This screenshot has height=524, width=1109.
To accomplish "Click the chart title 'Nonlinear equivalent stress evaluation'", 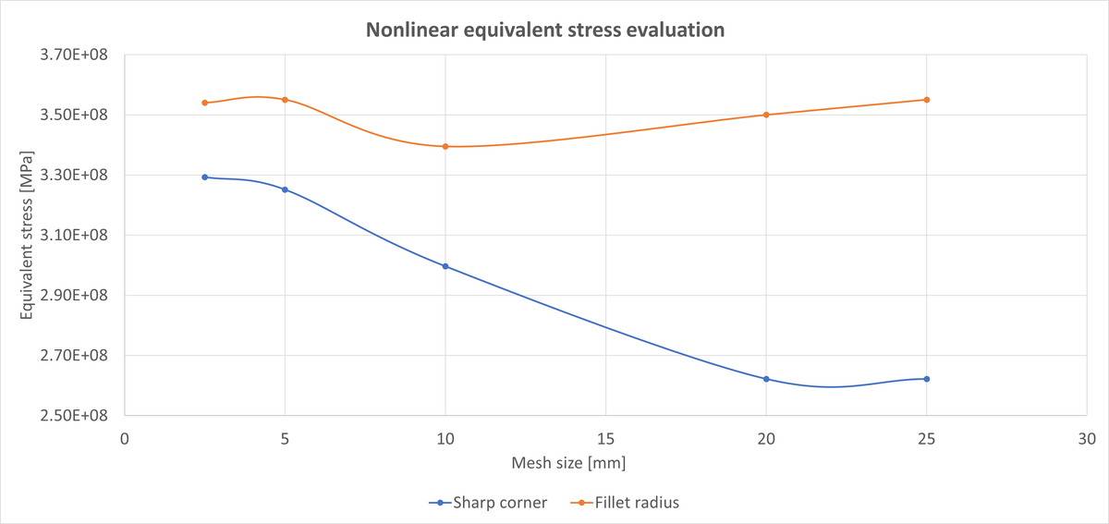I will tap(544, 30).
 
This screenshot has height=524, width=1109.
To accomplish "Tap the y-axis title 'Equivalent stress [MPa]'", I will tap(27, 234).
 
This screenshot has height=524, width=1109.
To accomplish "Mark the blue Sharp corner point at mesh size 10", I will tap(445, 266).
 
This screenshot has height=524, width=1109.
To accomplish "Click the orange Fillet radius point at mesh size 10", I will tap(445, 146).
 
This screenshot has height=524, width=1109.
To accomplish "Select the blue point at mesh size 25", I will tap(926, 379).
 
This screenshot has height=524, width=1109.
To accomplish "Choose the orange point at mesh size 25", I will tap(926, 100).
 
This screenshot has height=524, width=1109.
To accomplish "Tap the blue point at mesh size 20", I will tap(766, 379).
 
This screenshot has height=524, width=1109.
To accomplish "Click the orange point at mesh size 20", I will tap(766, 115).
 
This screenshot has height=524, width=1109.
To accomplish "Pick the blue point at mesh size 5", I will tap(285, 189).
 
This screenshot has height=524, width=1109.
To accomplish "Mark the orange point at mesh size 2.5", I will tap(204, 103).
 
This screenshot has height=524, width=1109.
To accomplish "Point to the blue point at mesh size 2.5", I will tap(204, 177).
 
